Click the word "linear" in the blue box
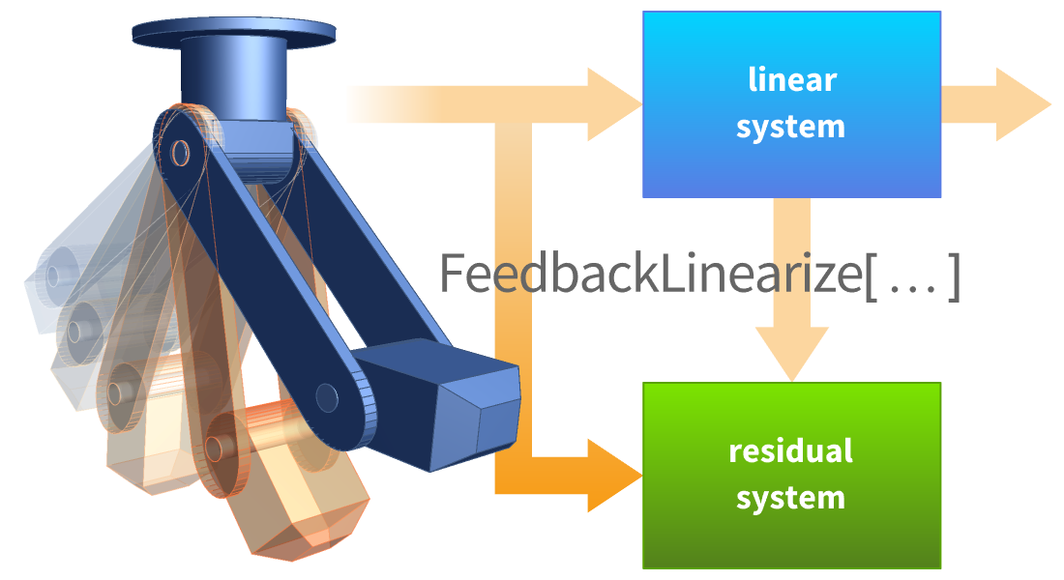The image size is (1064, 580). (x=791, y=79)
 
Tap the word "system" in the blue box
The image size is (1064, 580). (x=791, y=127)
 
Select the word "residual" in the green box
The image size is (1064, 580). (x=791, y=450)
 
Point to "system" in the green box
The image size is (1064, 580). (x=791, y=498)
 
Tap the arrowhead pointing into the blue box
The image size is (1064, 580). (x=614, y=102)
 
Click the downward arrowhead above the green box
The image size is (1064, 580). (x=792, y=353)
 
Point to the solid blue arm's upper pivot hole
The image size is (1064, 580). (x=180, y=151)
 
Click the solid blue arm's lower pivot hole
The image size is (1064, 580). (x=327, y=397)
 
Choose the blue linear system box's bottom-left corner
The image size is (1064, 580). (x=644, y=196)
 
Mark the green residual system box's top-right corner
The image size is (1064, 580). (x=939, y=385)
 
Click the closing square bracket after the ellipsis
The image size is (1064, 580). (x=954, y=275)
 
